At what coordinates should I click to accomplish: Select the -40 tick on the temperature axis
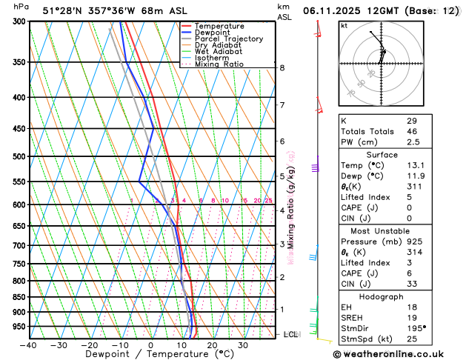point(29,345)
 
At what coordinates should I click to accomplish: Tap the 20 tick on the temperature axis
point(212,345)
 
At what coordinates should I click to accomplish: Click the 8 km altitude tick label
point(282,68)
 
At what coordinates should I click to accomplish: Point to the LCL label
point(291,335)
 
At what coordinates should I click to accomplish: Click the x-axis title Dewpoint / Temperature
point(150,355)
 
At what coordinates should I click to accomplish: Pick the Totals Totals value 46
point(412,131)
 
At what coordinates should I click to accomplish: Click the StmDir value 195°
point(416,327)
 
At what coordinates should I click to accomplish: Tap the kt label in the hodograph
point(344,26)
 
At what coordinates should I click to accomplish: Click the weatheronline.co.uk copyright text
point(399,353)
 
